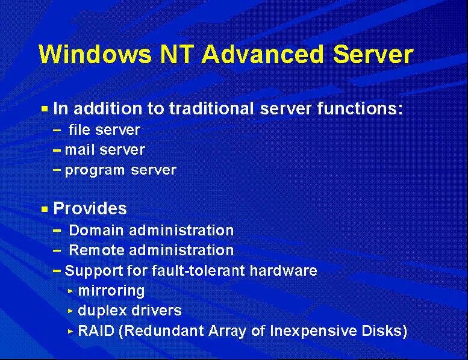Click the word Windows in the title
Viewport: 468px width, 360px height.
pos(95,54)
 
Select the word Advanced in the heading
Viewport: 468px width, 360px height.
pos(263,54)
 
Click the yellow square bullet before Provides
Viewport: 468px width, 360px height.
pos(45,209)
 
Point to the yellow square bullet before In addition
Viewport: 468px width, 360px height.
pos(45,109)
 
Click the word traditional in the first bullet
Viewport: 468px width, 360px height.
pos(211,108)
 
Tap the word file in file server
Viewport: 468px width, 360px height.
pos(79,130)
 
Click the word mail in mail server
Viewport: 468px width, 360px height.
pos(80,150)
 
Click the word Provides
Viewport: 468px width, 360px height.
pos(90,208)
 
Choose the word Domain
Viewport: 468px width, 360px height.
pos(96,230)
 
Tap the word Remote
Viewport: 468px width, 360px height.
pos(97,250)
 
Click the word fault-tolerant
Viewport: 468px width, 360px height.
pos(199,270)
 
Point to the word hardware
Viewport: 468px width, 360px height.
pos(284,270)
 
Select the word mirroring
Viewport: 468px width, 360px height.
pos(111,291)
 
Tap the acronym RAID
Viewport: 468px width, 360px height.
pos(96,331)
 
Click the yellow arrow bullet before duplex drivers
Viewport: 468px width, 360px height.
pos(70,311)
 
